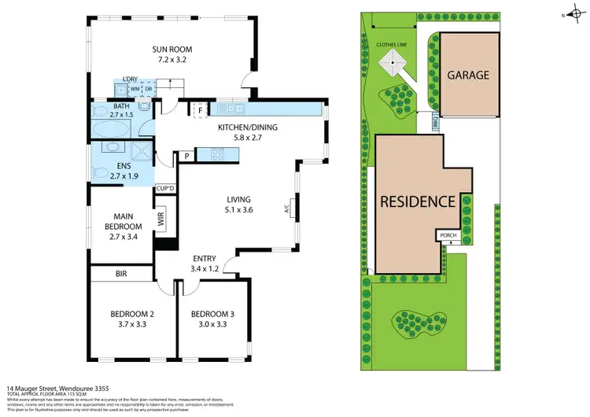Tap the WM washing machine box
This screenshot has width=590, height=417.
pyautogui.click(x=135, y=90)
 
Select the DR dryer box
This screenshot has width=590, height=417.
pyautogui.click(x=148, y=90)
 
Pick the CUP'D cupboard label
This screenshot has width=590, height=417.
pyautogui.click(x=165, y=189)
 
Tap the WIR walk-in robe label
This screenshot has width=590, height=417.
pyautogui.click(x=162, y=222)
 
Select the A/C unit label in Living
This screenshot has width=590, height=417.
pyautogui.click(x=288, y=209)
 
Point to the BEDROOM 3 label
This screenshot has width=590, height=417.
pyautogui.click(x=208, y=315)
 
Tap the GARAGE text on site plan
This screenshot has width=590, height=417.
pyautogui.click(x=468, y=76)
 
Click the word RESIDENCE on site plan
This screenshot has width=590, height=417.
pyautogui.click(x=418, y=201)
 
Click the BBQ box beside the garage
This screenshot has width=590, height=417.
pyautogui.click(x=434, y=124)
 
